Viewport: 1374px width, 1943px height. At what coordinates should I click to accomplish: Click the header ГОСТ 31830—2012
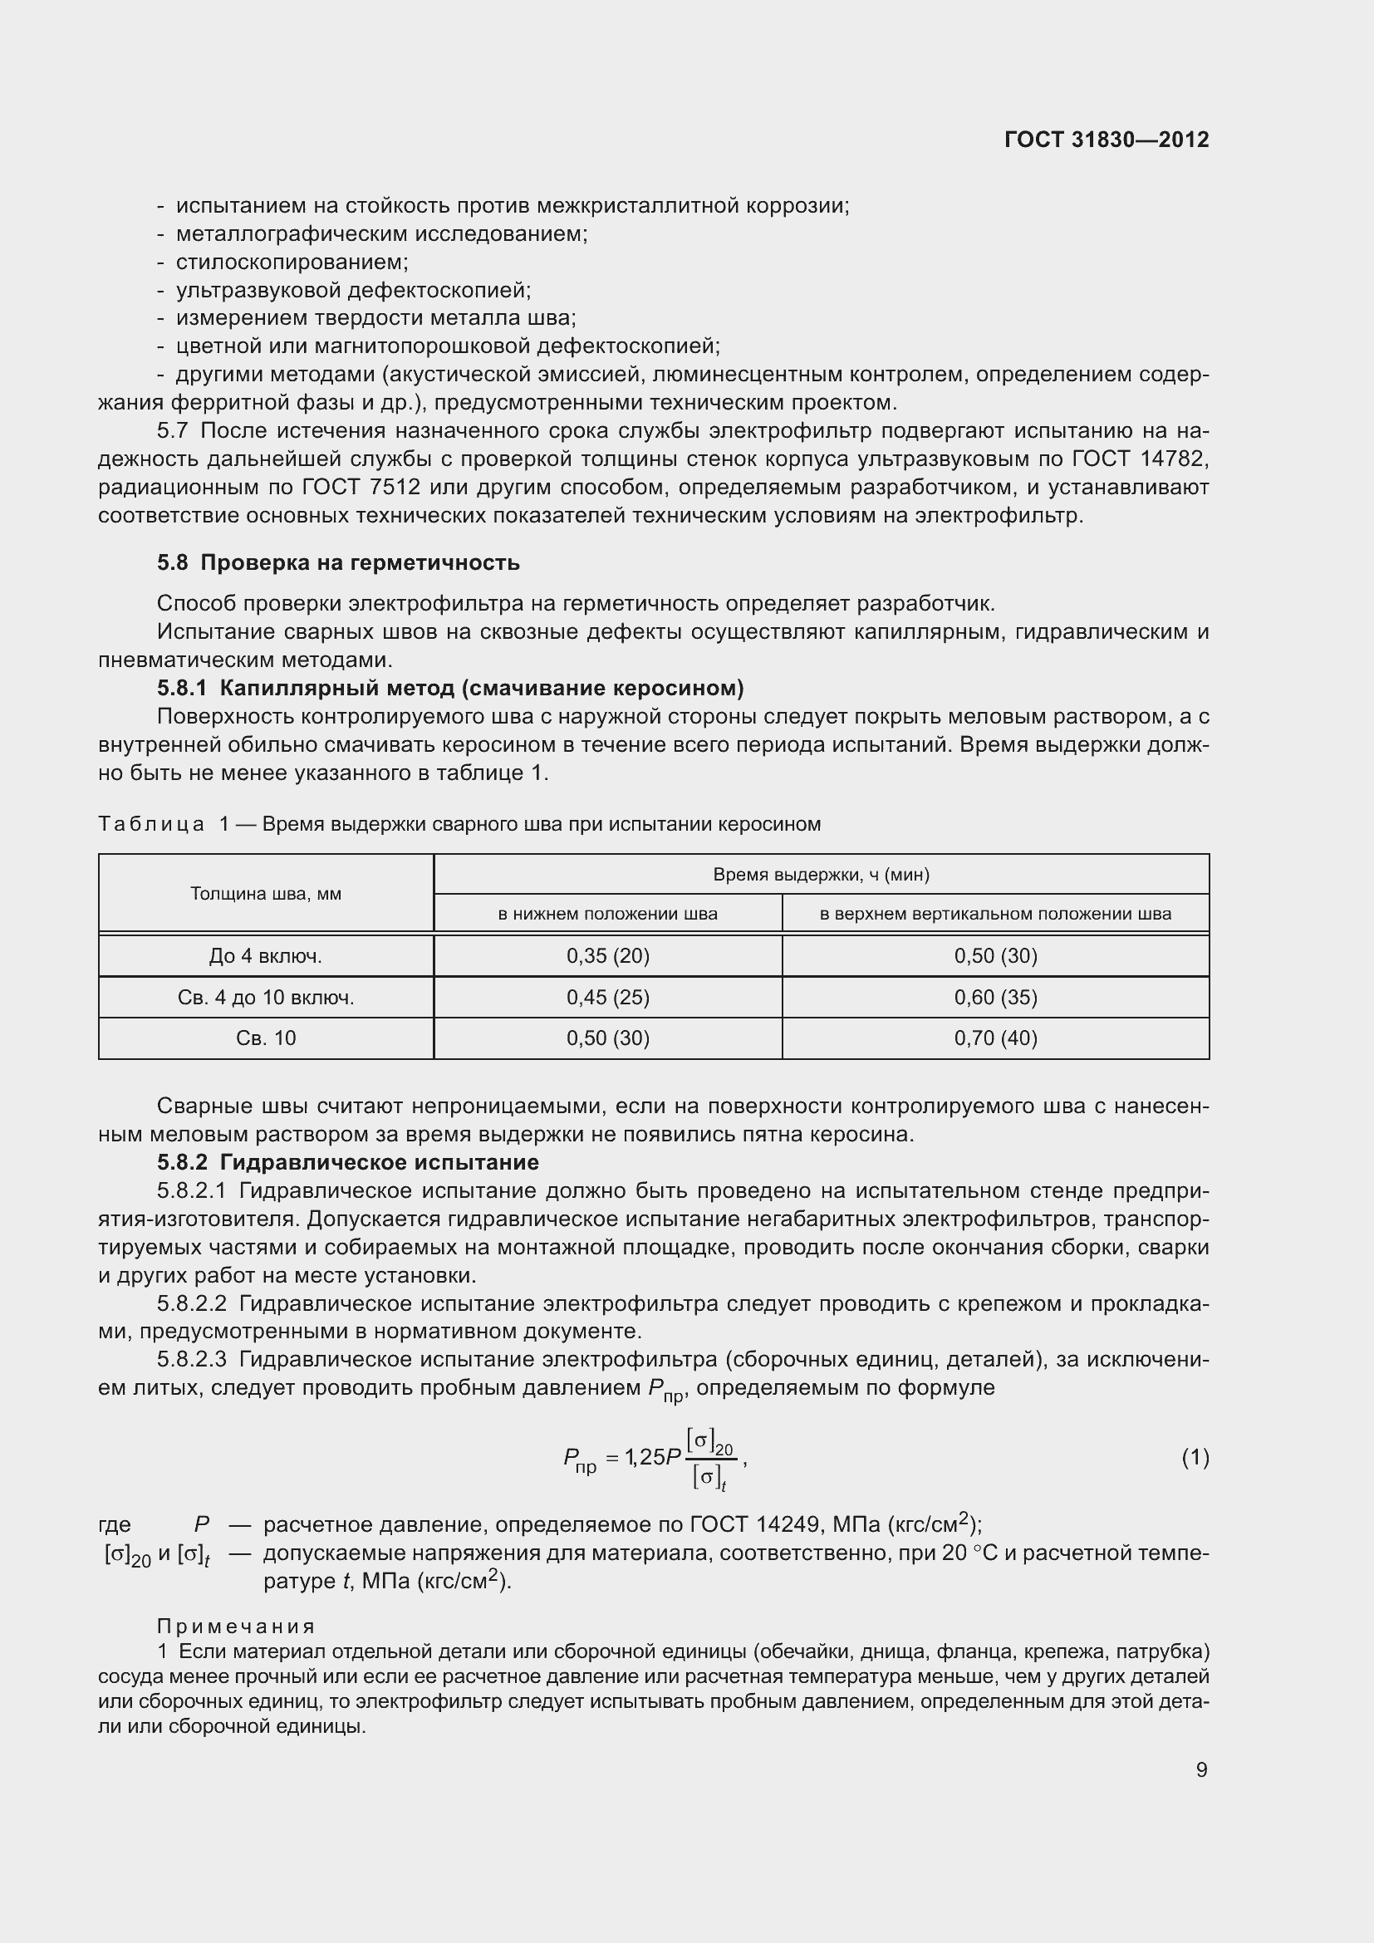pyautogui.click(x=1106, y=140)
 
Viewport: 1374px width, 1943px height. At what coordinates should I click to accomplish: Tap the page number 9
pyautogui.click(x=1201, y=1769)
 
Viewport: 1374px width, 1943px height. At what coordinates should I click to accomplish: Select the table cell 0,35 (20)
pyautogui.click(x=607, y=955)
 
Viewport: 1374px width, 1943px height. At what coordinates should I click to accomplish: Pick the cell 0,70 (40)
pyautogui.click(x=995, y=1038)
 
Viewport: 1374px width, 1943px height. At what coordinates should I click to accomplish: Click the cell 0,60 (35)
pyautogui.click(x=995, y=997)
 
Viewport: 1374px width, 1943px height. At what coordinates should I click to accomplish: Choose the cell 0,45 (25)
pyautogui.click(x=607, y=997)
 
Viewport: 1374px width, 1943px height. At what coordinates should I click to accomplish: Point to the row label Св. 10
pyautogui.click(x=266, y=1038)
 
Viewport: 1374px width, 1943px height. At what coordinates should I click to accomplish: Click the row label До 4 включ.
pyautogui.click(x=266, y=955)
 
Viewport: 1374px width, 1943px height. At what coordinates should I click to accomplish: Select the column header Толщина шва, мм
pyautogui.click(x=266, y=894)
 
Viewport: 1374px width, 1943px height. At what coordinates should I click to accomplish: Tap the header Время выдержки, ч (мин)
pyautogui.click(x=821, y=874)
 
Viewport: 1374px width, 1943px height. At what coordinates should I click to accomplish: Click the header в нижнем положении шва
pyautogui.click(x=607, y=914)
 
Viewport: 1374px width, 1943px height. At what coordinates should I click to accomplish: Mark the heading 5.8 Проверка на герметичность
pyautogui.click(x=338, y=562)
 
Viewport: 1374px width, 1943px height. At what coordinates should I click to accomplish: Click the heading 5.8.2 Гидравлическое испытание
pyautogui.click(x=348, y=1162)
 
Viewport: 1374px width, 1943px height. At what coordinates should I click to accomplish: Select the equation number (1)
pyautogui.click(x=1195, y=1456)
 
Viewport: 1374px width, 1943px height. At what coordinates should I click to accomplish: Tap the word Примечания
pyautogui.click(x=236, y=1626)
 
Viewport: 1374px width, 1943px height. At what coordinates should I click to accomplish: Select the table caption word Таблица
pyautogui.click(x=151, y=824)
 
